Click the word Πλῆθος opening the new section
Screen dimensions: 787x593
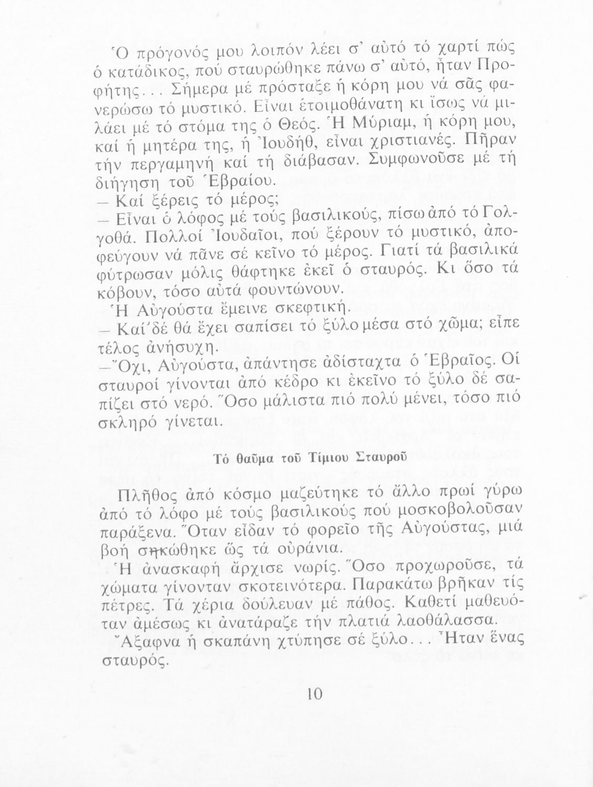pos(136,494)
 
